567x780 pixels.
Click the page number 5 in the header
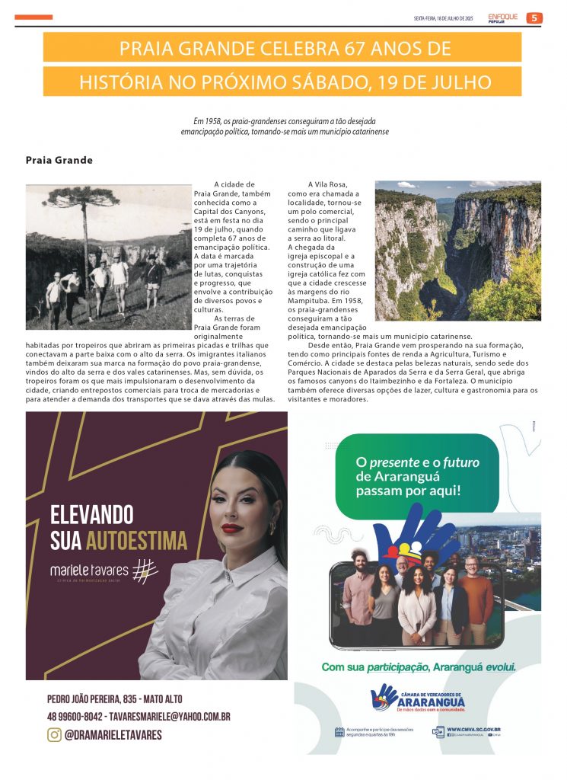tap(534, 18)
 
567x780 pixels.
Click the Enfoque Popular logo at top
tap(503, 18)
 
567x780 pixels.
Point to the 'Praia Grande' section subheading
tap(59, 161)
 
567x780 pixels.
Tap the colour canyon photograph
tap(458, 250)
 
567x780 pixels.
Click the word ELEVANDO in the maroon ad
tap(92, 514)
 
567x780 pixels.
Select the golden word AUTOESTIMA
tap(136, 541)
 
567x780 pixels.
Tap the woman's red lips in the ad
tap(232, 528)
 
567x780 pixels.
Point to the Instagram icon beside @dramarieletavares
tap(54, 735)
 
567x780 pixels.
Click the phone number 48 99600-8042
tap(75, 717)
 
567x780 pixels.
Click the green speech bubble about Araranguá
tap(416, 476)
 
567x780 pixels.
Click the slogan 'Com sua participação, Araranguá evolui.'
tap(418, 667)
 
